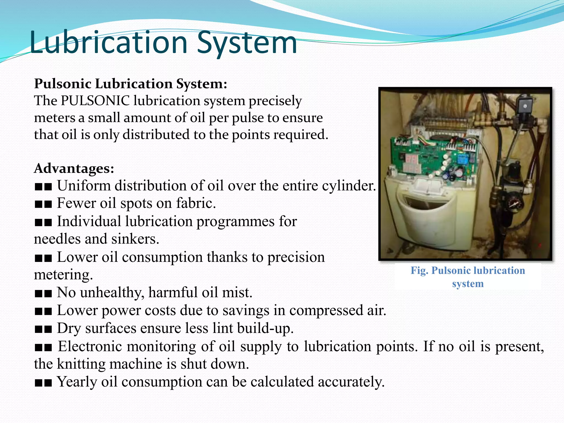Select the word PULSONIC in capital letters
coord(95,101)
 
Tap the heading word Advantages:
coord(74,168)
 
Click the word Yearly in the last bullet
coord(77,382)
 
